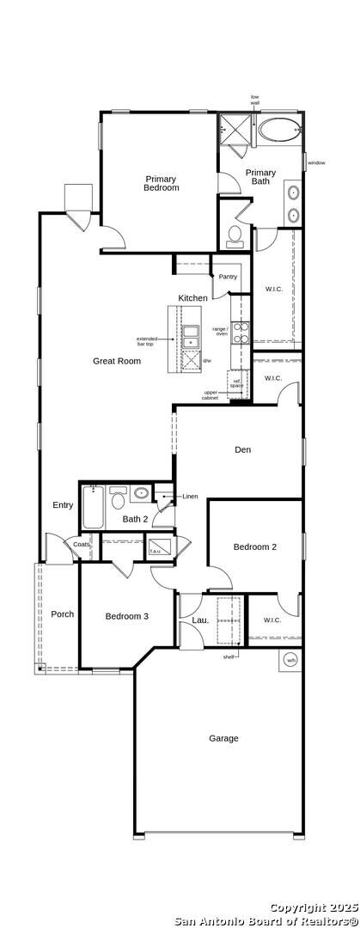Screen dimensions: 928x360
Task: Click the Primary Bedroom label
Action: [161, 183]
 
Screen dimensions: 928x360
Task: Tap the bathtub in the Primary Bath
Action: [280, 131]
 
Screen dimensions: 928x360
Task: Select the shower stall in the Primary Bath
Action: [233, 127]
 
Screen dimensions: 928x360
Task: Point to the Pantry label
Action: [228, 277]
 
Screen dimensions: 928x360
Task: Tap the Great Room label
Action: [117, 361]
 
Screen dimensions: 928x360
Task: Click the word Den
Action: [243, 449]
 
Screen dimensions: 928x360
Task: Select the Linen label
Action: [190, 497]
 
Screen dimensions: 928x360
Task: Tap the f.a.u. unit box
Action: [156, 546]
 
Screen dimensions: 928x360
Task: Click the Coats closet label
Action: [82, 545]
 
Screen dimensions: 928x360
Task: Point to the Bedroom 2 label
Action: [255, 546]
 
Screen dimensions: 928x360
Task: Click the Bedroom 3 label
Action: [127, 616]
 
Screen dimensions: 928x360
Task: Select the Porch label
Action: [62, 614]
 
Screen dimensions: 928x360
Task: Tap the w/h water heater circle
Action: [291, 660]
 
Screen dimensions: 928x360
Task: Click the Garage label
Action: [223, 738]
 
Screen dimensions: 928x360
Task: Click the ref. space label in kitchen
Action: [236, 383]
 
